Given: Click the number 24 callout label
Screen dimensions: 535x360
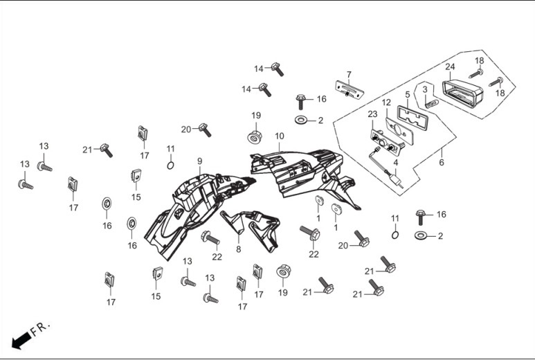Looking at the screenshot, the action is click(x=450, y=66).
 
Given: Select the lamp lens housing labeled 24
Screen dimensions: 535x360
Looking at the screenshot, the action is click(x=462, y=93).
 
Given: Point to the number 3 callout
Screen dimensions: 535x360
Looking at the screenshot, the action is click(x=425, y=89).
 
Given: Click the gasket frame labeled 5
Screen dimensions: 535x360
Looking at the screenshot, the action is click(x=412, y=116).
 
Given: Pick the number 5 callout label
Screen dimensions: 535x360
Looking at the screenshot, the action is click(x=408, y=94).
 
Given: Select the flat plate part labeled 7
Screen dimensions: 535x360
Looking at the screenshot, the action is click(x=350, y=89).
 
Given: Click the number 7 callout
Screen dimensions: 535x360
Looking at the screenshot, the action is click(x=349, y=74).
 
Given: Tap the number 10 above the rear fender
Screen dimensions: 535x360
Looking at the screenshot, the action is click(x=280, y=136).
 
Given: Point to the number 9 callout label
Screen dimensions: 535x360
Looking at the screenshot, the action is click(x=199, y=161).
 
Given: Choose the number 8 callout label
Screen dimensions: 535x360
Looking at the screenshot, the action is click(x=238, y=249).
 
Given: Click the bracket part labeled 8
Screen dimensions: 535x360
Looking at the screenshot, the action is click(x=251, y=229).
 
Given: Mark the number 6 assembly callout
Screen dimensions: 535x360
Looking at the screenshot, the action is click(x=442, y=163).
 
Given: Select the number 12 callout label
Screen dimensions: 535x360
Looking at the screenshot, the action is click(x=386, y=102).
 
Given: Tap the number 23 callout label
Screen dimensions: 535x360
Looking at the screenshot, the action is click(x=372, y=114).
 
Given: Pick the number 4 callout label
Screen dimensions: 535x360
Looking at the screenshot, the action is click(x=395, y=163).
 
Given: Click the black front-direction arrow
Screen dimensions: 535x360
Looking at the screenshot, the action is click(x=21, y=340).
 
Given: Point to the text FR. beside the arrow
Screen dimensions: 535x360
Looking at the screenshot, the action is click(x=40, y=328).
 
